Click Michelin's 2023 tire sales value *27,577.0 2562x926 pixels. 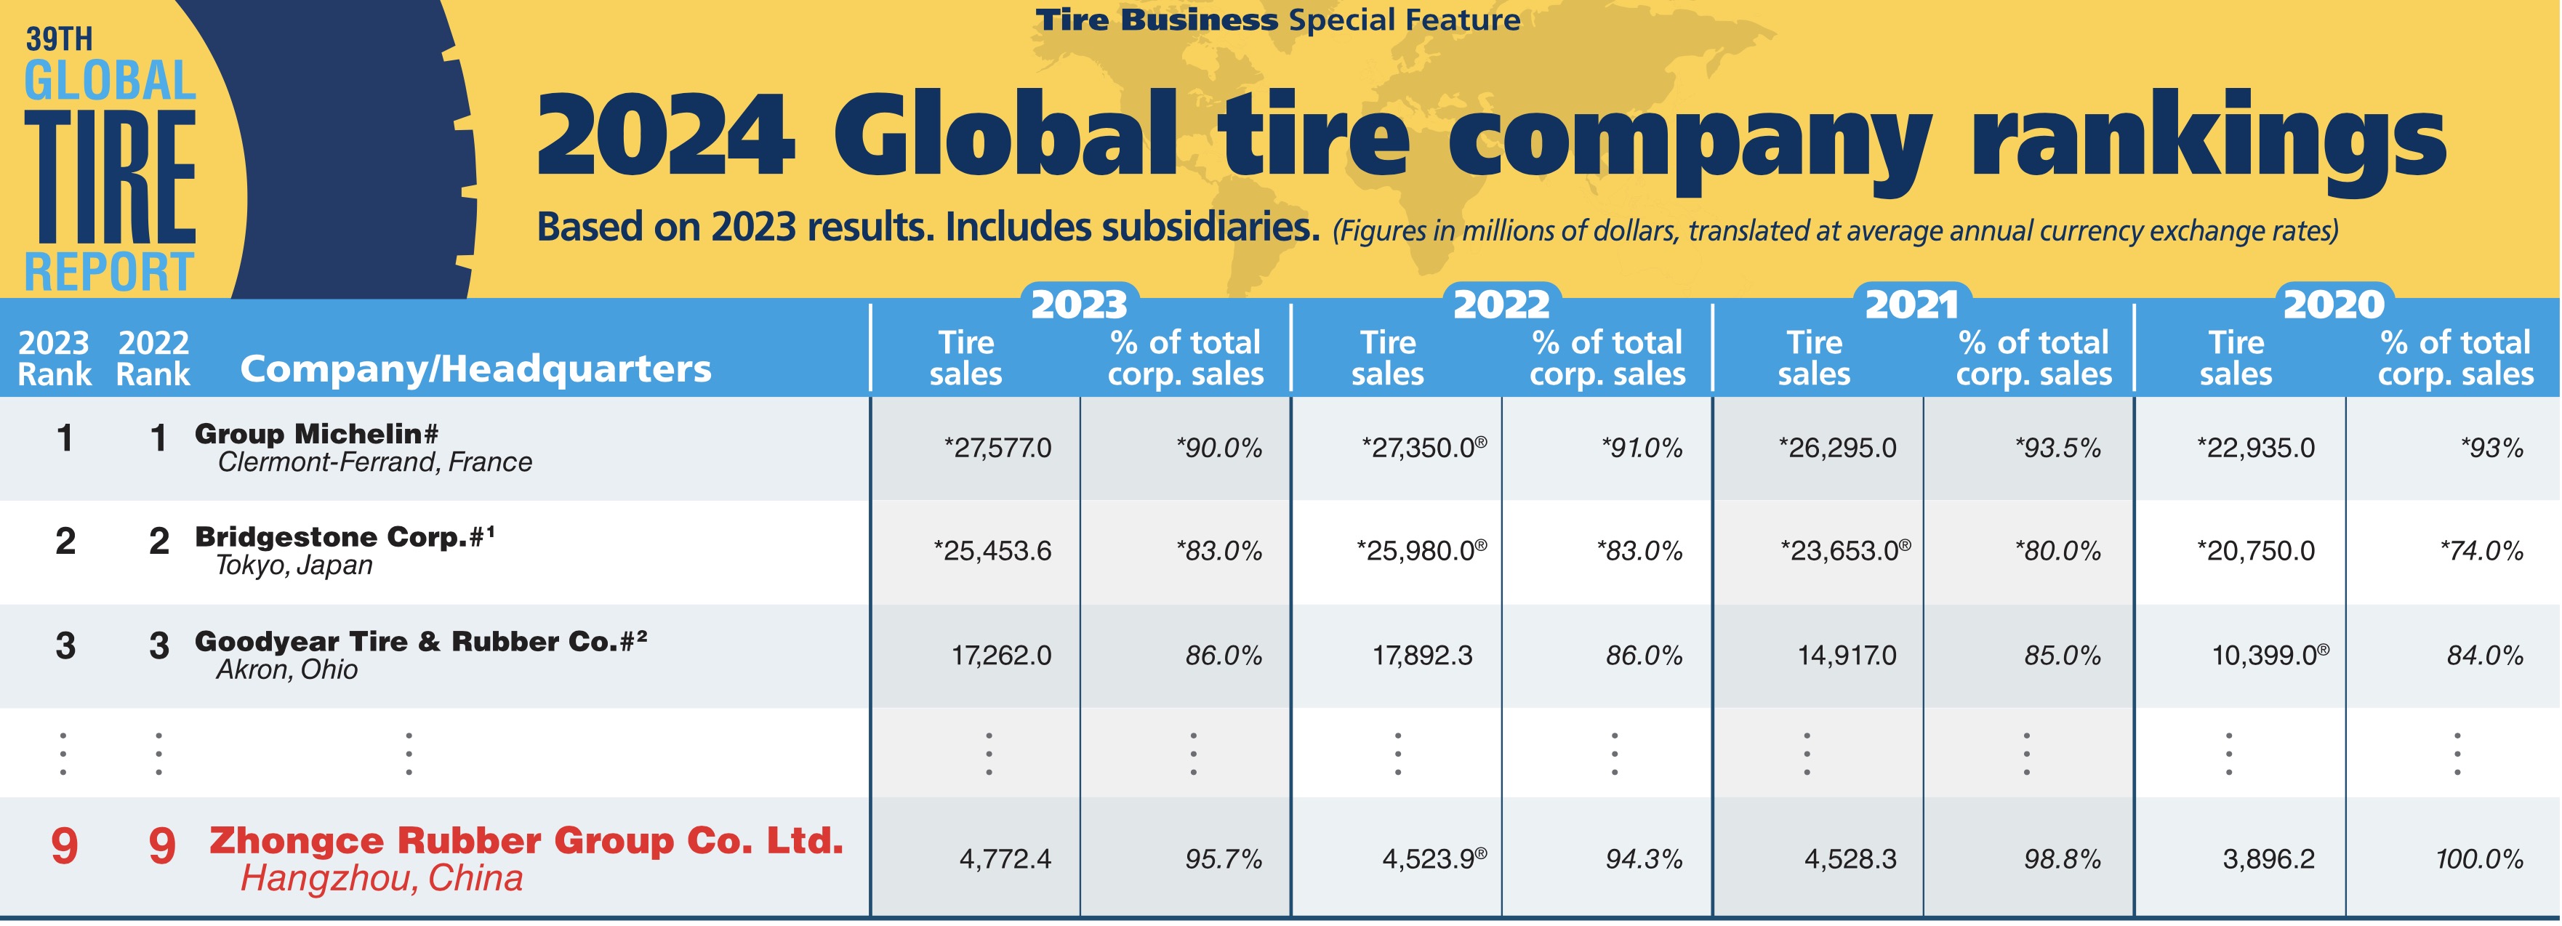pyautogui.click(x=997, y=448)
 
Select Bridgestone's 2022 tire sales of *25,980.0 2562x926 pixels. pyautogui.click(x=1421, y=551)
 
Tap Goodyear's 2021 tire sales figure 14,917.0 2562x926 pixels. pyautogui.click(x=1847, y=656)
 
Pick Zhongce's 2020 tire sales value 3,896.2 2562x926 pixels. pyautogui.click(x=2268, y=858)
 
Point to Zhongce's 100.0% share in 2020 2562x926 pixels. pyautogui.click(x=2478, y=858)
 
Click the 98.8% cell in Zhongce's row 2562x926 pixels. pyautogui.click(x=2062, y=858)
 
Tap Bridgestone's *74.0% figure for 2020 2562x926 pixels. pyautogui.click(x=2481, y=551)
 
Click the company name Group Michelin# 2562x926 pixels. pyautogui.click(x=316, y=434)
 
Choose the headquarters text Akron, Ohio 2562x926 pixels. pyautogui.click(x=286, y=669)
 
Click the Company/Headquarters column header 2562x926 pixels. pyautogui.click(x=475, y=369)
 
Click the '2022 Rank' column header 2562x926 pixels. pyautogui.click(x=153, y=358)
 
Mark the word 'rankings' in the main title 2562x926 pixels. pyautogui.click(x=2208, y=140)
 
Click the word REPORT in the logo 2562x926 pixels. pyautogui.click(x=108, y=273)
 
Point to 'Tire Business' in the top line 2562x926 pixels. pyautogui.click(x=1157, y=20)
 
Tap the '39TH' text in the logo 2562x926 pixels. pyautogui.click(x=59, y=40)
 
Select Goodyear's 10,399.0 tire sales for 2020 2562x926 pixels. pyautogui.click(x=2268, y=656)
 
